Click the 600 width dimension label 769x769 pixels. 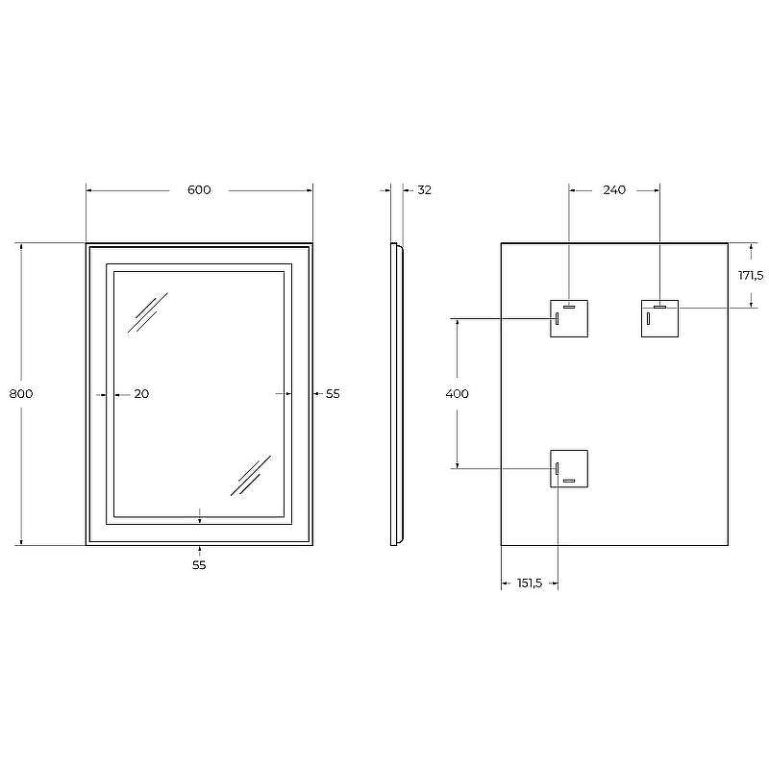coord(199,190)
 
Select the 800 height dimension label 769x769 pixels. coord(21,393)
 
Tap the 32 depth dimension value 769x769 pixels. coord(424,190)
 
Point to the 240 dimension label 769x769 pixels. coord(614,190)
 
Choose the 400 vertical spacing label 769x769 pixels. coord(458,393)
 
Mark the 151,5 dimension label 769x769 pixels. coord(530,583)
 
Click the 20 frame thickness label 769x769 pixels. coord(141,393)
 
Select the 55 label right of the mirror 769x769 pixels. coord(333,393)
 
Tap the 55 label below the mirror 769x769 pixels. coord(199,565)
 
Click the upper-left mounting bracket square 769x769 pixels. coord(569,319)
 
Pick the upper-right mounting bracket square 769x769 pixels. coord(660,319)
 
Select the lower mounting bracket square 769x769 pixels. coord(569,468)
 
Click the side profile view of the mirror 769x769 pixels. coord(395,394)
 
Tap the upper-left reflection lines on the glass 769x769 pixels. coord(148,312)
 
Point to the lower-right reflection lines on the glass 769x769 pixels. coord(251,475)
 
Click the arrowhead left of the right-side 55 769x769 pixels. coord(317,393)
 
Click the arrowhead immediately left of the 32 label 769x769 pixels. coord(407,190)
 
